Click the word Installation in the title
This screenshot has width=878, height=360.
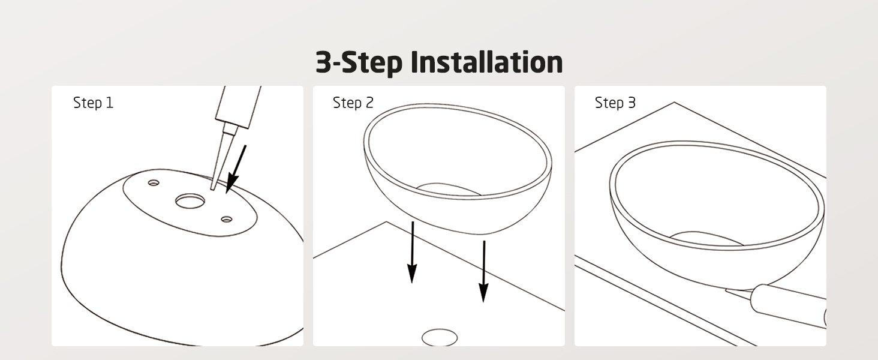tap(487, 62)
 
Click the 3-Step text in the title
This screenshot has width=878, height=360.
tap(359, 62)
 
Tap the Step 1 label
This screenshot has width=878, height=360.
tap(94, 103)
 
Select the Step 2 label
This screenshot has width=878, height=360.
tap(353, 103)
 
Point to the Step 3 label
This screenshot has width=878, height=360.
tap(615, 103)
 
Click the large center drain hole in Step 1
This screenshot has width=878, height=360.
tap(190, 201)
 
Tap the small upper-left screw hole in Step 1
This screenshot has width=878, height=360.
tap(154, 183)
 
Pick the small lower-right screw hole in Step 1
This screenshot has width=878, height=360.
tap(227, 219)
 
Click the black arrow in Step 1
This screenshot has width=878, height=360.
tap(236, 169)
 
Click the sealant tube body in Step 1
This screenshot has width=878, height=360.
tap(238, 106)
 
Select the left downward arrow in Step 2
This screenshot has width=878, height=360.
tap(412, 252)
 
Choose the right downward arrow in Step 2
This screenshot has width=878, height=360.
tap(484, 271)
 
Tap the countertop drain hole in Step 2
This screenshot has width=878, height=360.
tap(440, 338)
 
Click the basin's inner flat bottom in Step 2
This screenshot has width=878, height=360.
tap(448, 189)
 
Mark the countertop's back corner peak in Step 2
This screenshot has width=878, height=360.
tap(386, 221)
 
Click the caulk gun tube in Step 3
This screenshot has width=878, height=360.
tap(789, 305)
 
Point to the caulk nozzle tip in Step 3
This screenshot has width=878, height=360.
tap(726, 290)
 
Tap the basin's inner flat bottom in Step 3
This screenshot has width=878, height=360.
tap(706, 238)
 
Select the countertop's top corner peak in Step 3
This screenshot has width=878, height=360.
tap(674, 103)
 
